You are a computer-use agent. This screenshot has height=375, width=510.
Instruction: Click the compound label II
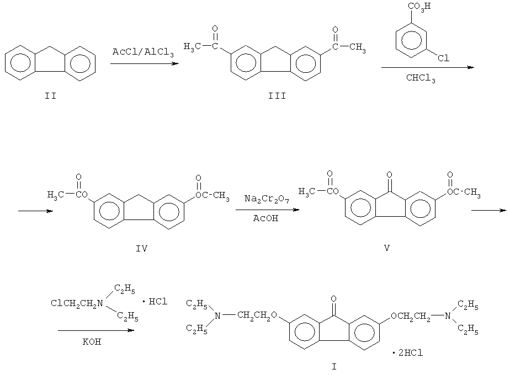coord(51,96)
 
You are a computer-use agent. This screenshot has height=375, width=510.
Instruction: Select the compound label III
coord(277,96)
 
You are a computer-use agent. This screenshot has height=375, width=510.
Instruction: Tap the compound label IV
coord(141,249)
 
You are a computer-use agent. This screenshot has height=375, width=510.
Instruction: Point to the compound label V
coord(387,248)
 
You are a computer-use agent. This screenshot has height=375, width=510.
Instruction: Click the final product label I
coord(334,367)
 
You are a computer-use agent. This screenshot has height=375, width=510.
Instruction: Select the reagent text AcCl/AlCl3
coord(143,52)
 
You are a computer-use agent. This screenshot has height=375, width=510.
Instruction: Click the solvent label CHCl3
coord(421,78)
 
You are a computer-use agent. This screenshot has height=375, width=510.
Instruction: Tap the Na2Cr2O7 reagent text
coord(267,199)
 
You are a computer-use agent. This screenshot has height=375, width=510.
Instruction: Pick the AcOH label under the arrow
coord(265,218)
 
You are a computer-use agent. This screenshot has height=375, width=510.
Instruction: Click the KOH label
coord(92,341)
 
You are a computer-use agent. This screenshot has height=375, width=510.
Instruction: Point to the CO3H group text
coord(419,7)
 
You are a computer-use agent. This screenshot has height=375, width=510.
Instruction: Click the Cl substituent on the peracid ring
coord(443,58)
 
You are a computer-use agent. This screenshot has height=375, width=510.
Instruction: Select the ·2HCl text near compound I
coord(407,352)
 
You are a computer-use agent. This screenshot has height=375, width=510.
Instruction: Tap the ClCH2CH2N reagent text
coord(77,304)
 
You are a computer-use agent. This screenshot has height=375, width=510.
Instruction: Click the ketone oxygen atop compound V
coord(389,175)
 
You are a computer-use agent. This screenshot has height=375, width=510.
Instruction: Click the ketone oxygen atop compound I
coord(333,299)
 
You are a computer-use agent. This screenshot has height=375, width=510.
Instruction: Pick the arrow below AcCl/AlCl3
coord(145,63)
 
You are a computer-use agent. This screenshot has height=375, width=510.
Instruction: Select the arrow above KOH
coord(96,330)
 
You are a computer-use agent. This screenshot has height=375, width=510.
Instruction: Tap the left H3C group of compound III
coord(192,47)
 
